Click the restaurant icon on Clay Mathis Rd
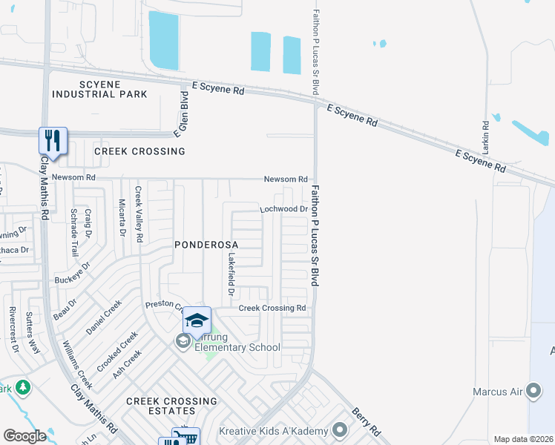tap(53, 139)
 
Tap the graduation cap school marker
tap(197, 320)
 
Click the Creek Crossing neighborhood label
tap(139, 151)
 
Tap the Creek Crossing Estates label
tap(171, 406)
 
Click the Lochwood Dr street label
tap(283, 210)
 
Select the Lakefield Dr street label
tap(231, 270)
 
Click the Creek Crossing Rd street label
tap(272, 308)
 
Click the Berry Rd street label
tap(366, 421)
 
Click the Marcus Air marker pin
tap(533, 391)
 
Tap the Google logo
tap(25, 436)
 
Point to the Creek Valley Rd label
tap(137, 214)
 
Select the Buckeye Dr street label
tap(73, 273)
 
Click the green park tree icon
tap(23, 387)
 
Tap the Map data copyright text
tap(524, 439)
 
